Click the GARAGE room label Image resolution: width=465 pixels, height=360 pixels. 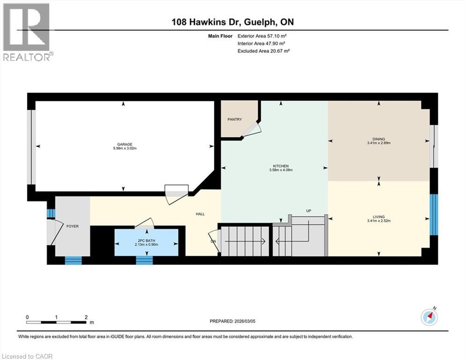click(x=125, y=144)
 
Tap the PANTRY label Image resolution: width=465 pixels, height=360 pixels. click(x=235, y=120)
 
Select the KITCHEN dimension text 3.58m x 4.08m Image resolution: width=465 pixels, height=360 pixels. click(x=281, y=171)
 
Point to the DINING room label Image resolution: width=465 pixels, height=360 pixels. click(x=378, y=139)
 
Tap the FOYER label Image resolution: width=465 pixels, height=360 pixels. click(x=72, y=226)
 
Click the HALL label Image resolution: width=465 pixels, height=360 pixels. click(x=200, y=214)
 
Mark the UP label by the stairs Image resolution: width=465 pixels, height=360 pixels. click(x=309, y=210)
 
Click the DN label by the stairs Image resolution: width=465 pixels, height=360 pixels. click(x=213, y=241)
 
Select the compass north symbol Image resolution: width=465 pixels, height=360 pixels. click(x=429, y=317)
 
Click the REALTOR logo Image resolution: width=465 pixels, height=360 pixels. click(x=27, y=32)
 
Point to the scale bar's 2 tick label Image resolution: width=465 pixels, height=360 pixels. click(x=86, y=317)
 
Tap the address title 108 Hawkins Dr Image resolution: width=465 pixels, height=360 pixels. click(x=203, y=22)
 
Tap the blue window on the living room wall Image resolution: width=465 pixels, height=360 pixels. click(x=434, y=214)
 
